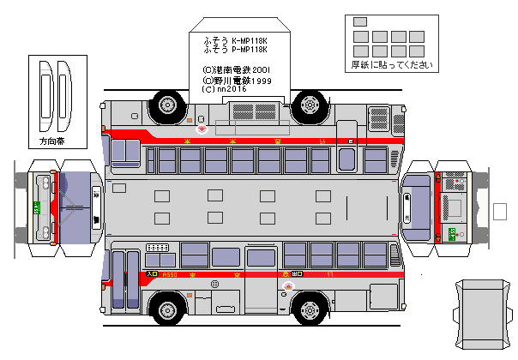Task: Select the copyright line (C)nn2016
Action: click(x=224, y=88)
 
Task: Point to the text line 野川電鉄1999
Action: click(x=237, y=80)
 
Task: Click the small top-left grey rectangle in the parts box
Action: click(x=359, y=21)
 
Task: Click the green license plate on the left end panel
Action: click(x=37, y=207)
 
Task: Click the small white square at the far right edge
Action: click(x=501, y=211)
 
